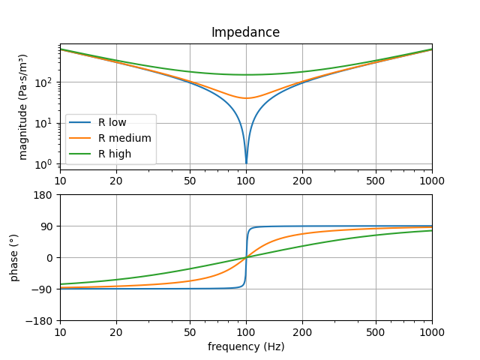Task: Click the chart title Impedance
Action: (x=245, y=32)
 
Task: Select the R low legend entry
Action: (x=112, y=122)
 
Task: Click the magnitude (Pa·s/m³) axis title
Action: (x=23, y=106)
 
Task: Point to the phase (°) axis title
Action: (x=14, y=257)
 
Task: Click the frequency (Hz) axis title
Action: (x=245, y=346)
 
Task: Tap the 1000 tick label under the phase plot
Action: (x=431, y=331)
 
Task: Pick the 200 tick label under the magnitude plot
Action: (x=302, y=181)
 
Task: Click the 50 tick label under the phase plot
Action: (x=190, y=331)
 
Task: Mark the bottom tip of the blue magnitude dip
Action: (x=246, y=163)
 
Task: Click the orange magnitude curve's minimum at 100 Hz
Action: (x=246, y=98)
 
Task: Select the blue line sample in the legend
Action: (x=80, y=122)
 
